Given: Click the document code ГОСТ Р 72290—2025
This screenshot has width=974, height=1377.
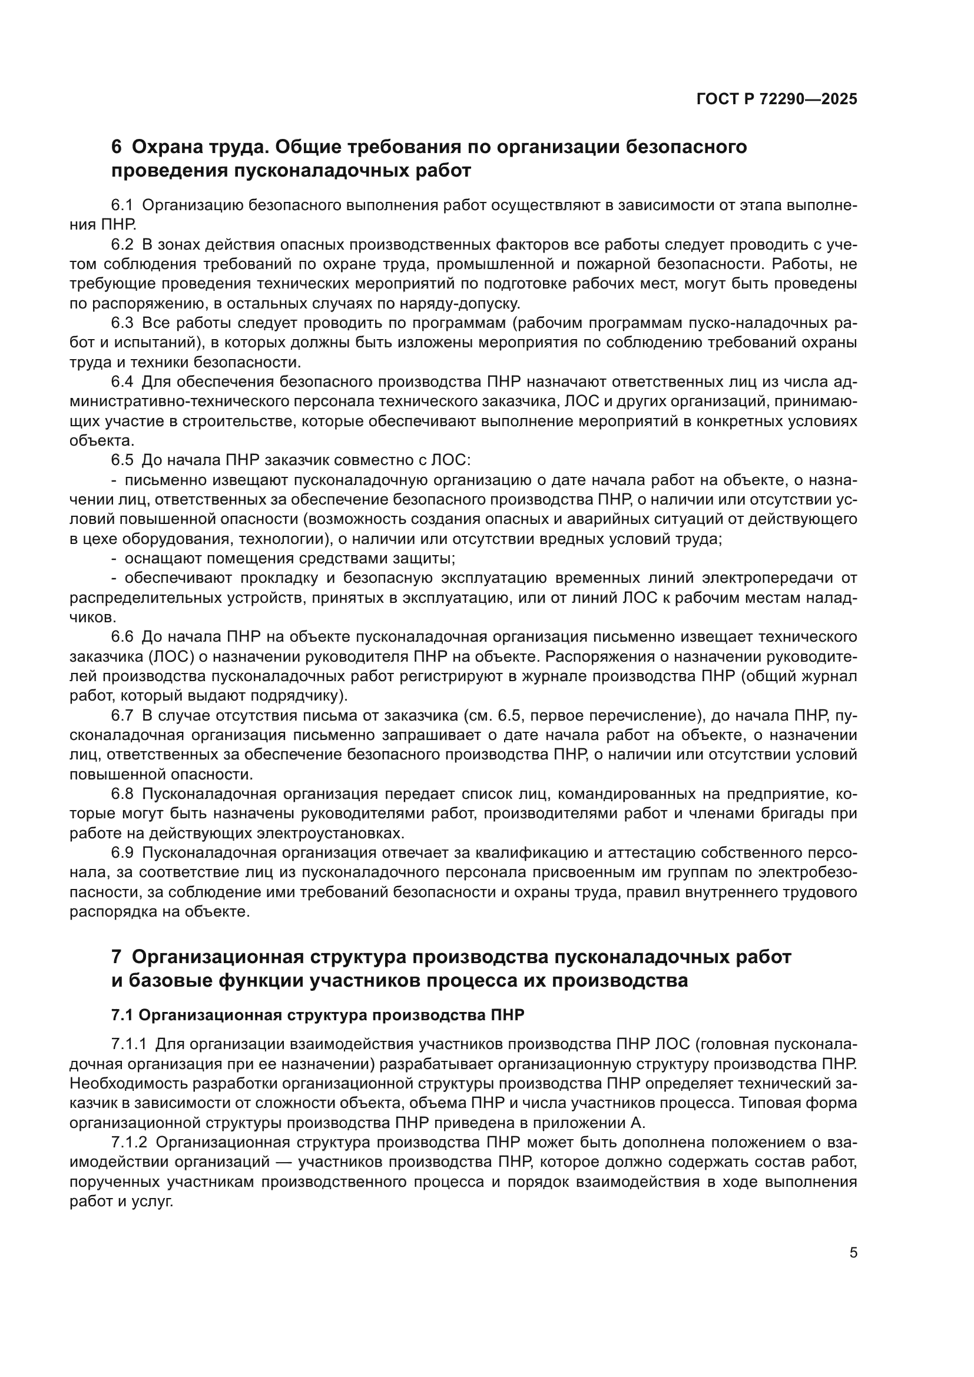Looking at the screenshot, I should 777,99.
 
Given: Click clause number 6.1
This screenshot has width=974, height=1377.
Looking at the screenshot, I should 122,205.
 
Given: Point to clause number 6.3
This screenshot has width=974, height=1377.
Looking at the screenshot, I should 122,323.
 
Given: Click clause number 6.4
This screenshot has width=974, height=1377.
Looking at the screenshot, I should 122,382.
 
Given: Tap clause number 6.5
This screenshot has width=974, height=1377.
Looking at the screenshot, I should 122,460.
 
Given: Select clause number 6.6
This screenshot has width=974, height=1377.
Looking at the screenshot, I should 122,636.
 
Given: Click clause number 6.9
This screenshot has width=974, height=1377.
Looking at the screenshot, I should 122,853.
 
